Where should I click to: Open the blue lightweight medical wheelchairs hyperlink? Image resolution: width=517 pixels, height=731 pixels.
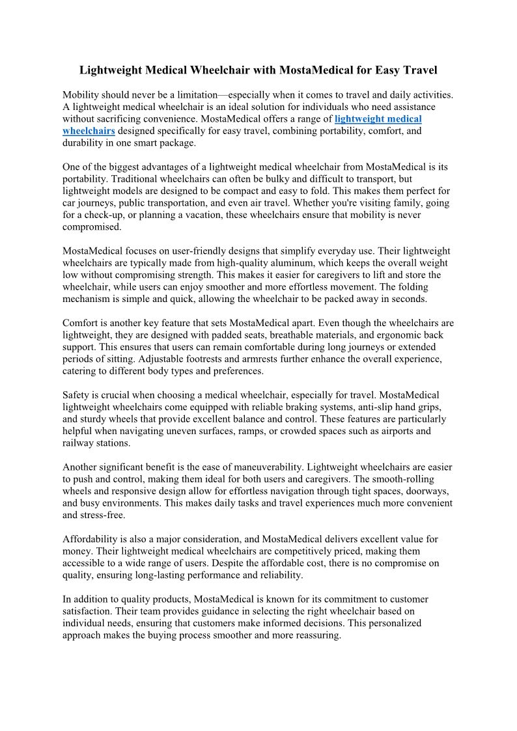click(378, 118)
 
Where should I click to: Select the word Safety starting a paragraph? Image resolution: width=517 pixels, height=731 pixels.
click(77, 395)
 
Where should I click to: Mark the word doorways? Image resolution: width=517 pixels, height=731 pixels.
click(430, 491)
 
